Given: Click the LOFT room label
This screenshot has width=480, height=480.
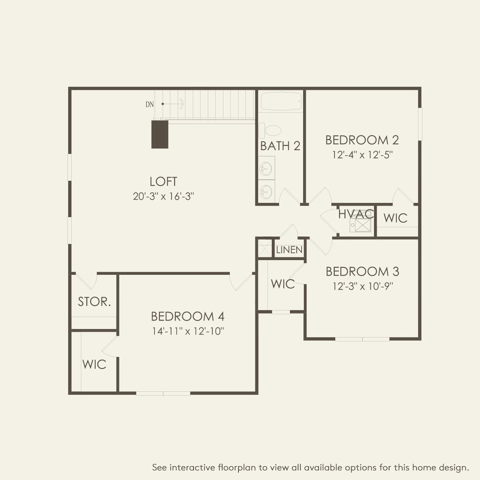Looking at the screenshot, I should click(163, 182).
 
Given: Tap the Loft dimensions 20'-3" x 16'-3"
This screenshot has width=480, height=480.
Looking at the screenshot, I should click(163, 197).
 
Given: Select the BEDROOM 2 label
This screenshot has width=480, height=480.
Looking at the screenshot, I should click(362, 140).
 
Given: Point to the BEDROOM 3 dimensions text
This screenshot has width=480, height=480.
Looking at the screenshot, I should click(363, 286).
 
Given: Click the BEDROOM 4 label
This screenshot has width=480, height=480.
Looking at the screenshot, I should click(188, 317).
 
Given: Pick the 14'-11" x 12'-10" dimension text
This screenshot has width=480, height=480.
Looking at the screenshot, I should click(188, 331).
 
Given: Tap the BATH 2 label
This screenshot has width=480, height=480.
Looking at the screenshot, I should click(280, 146).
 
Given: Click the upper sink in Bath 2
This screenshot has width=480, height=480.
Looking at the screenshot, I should click(266, 168).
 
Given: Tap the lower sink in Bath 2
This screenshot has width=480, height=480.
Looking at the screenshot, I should click(266, 191).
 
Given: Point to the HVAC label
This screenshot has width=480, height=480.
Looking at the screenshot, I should click(356, 214).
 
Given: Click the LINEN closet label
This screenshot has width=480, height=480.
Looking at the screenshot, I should click(289, 250).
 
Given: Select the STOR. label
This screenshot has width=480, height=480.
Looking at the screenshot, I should click(94, 302).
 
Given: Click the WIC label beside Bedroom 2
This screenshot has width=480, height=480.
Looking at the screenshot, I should click(395, 218).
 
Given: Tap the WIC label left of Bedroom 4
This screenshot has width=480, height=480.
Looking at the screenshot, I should click(94, 365).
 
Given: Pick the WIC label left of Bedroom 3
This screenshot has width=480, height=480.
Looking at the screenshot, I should click(283, 284).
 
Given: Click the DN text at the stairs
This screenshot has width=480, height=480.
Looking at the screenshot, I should click(149, 105).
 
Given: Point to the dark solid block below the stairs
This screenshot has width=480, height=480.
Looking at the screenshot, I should click(160, 134).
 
